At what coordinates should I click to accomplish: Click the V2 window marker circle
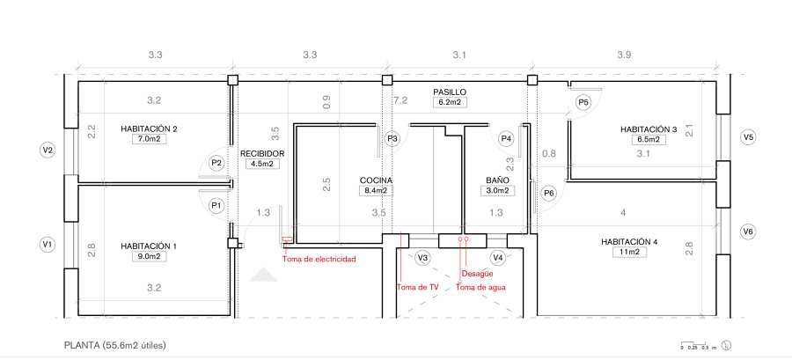point(48,151)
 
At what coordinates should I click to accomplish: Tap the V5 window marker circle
point(747,137)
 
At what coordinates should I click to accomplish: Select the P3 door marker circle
point(392,138)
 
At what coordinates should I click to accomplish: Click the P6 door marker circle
point(549,193)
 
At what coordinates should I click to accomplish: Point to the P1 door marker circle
point(216,205)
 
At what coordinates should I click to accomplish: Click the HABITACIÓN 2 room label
point(149,129)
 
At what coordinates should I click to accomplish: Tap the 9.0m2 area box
point(149,257)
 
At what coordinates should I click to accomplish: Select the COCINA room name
point(376,180)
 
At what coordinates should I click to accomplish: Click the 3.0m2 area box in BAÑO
point(498,190)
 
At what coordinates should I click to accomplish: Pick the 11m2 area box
point(629,252)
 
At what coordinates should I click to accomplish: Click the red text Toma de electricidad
point(319,260)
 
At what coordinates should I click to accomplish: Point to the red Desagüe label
point(478,274)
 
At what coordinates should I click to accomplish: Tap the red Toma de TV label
point(417,287)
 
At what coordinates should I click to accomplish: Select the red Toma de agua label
point(480,287)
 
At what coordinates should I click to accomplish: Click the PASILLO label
point(449,92)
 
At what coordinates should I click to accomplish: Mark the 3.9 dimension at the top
point(623,55)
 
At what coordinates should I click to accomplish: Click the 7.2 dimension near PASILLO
point(400,100)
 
